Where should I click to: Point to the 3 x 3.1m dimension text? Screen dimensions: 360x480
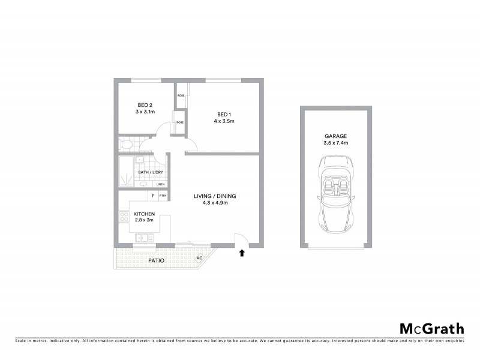(x=145, y=112)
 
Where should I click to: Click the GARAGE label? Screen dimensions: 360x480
(x=337, y=136)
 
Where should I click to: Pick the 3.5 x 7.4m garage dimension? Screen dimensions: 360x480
(x=337, y=143)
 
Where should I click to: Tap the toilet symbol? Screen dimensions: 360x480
(x=127, y=145)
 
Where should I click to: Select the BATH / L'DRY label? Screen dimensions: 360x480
(x=151, y=173)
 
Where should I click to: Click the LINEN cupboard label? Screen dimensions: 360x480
(x=160, y=184)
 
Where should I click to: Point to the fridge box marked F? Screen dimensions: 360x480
(x=153, y=196)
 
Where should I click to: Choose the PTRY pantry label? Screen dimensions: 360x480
(x=163, y=196)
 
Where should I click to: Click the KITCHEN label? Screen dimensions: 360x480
(x=144, y=214)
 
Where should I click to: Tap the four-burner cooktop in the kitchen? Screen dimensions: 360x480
(x=124, y=218)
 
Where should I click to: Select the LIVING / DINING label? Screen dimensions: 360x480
(x=215, y=196)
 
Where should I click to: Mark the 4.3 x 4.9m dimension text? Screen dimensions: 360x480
(x=215, y=203)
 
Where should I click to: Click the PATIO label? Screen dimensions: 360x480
(x=157, y=261)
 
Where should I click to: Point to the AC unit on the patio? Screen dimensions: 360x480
(x=199, y=258)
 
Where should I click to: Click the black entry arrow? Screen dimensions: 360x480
(x=242, y=254)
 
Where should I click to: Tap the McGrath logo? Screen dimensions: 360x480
(x=431, y=328)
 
